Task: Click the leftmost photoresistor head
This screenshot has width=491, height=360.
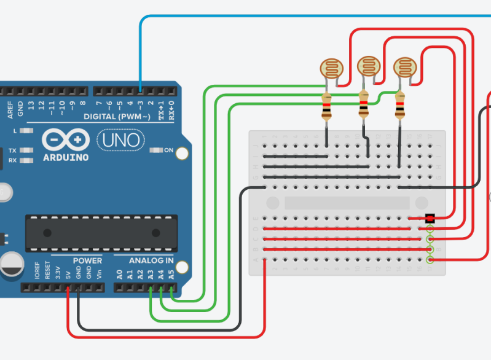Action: (x=332, y=68)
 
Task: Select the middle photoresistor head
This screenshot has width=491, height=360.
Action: (x=368, y=65)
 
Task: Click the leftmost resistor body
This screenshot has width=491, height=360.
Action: (x=326, y=107)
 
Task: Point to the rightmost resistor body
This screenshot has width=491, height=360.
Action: (x=401, y=106)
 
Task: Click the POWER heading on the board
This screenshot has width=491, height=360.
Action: (x=87, y=260)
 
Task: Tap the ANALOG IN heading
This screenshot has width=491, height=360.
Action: (x=151, y=260)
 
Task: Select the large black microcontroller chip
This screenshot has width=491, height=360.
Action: (x=101, y=233)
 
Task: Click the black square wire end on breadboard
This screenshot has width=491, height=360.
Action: (x=430, y=218)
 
